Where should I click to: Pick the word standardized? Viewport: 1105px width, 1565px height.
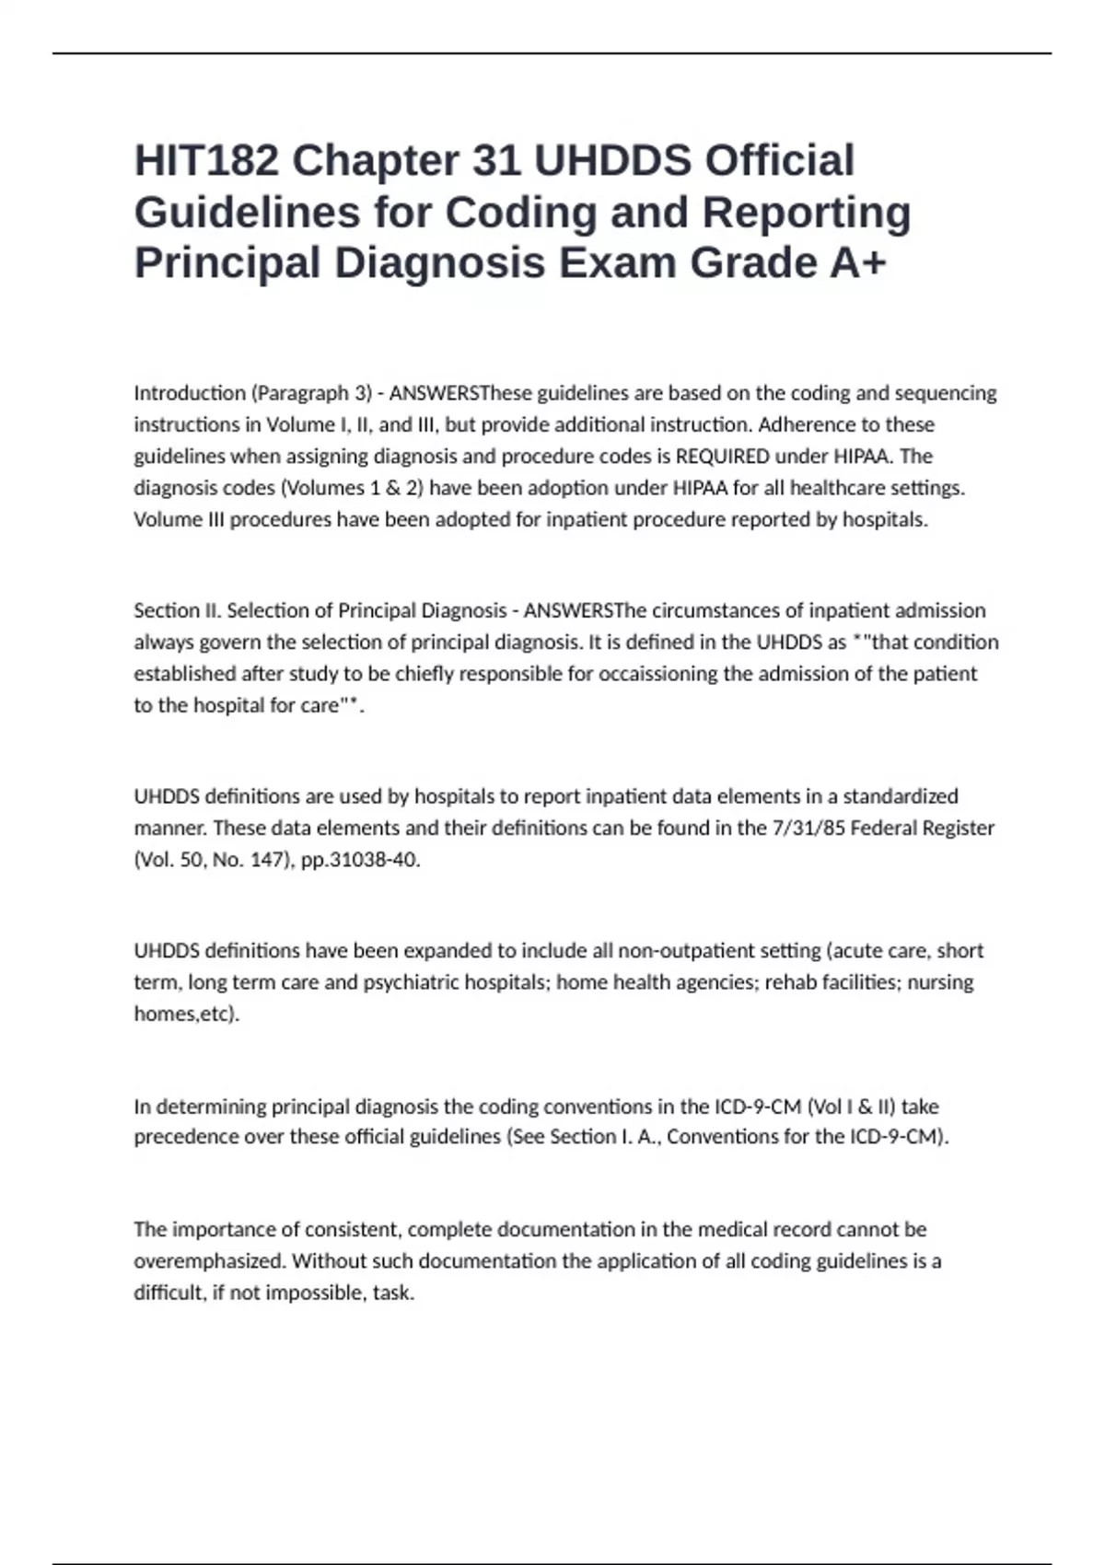[x=900, y=796]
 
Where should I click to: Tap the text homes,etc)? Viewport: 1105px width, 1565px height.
[x=186, y=1014]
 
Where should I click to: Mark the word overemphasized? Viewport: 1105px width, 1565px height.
[x=208, y=1261]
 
